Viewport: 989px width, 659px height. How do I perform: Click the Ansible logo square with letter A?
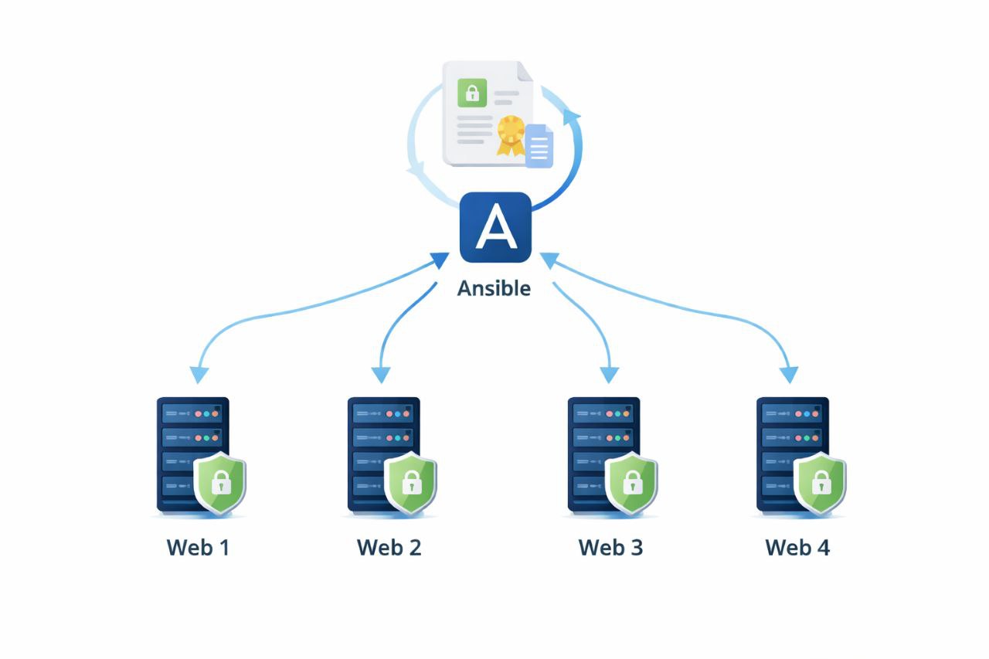(x=495, y=228)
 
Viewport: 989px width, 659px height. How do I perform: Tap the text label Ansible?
(x=494, y=289)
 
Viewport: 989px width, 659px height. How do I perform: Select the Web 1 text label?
(x=198, y=548)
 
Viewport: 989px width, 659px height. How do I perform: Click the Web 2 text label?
(x=389, y=548)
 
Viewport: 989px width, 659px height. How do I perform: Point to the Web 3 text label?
(x=610, y=548)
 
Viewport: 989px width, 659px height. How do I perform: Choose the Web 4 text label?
(x=797, y=548)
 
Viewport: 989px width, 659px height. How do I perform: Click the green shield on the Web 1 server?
(x=220, y=484)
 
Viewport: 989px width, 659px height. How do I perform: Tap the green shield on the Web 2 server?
(x=410, y=484)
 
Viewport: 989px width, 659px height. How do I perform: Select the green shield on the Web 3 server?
(x=631, y=484)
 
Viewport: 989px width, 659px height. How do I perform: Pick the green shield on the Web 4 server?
(x=821, y=484)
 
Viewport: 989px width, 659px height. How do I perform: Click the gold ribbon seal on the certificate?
(x=511, y=133)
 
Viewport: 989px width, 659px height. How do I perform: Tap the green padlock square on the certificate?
(x=471, y=93)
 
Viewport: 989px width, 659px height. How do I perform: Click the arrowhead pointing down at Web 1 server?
(x=199, y=375)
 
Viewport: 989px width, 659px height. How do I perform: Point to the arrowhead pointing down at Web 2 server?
(x=380, y=375)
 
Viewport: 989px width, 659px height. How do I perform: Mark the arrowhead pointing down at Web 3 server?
(x=610, y=375)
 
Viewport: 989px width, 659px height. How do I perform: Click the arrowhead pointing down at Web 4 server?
(x=788, y=375)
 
